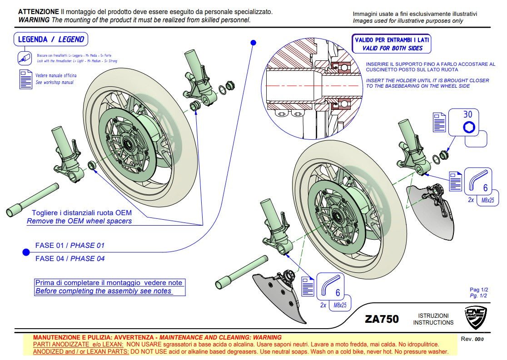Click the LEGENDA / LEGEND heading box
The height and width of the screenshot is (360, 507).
pyautogui.click(x=51, y=39)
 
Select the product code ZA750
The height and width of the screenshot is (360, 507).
pyautogui.click(x=382, y=319)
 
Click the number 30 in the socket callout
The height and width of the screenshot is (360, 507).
pyautogui.click(x=467, y=115)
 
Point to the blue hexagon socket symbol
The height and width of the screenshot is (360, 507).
pyautogui.click(x=468, y=128)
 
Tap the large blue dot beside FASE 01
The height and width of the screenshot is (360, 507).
pyautogui.click(x=26, y=252)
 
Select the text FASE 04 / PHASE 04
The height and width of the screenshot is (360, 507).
pyautogui.click(x=70, y=258)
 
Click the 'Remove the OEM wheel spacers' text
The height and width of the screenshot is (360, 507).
pyautogui.click(x=79, y=221)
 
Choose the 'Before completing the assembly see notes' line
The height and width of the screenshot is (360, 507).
pyautogui.click(x=104, y=291)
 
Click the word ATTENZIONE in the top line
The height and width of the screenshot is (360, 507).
pyautogui.click(x=38, y=11)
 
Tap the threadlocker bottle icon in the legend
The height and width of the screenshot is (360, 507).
pyautogui.click(x=24, y=58)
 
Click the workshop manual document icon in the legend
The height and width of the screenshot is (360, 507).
pyautogui.click(x=25, y=79)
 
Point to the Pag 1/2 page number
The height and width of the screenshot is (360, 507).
pyautogui.click(x=478, y=290)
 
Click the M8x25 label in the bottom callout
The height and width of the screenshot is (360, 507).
pyautogui.click(x=340, y=306)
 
